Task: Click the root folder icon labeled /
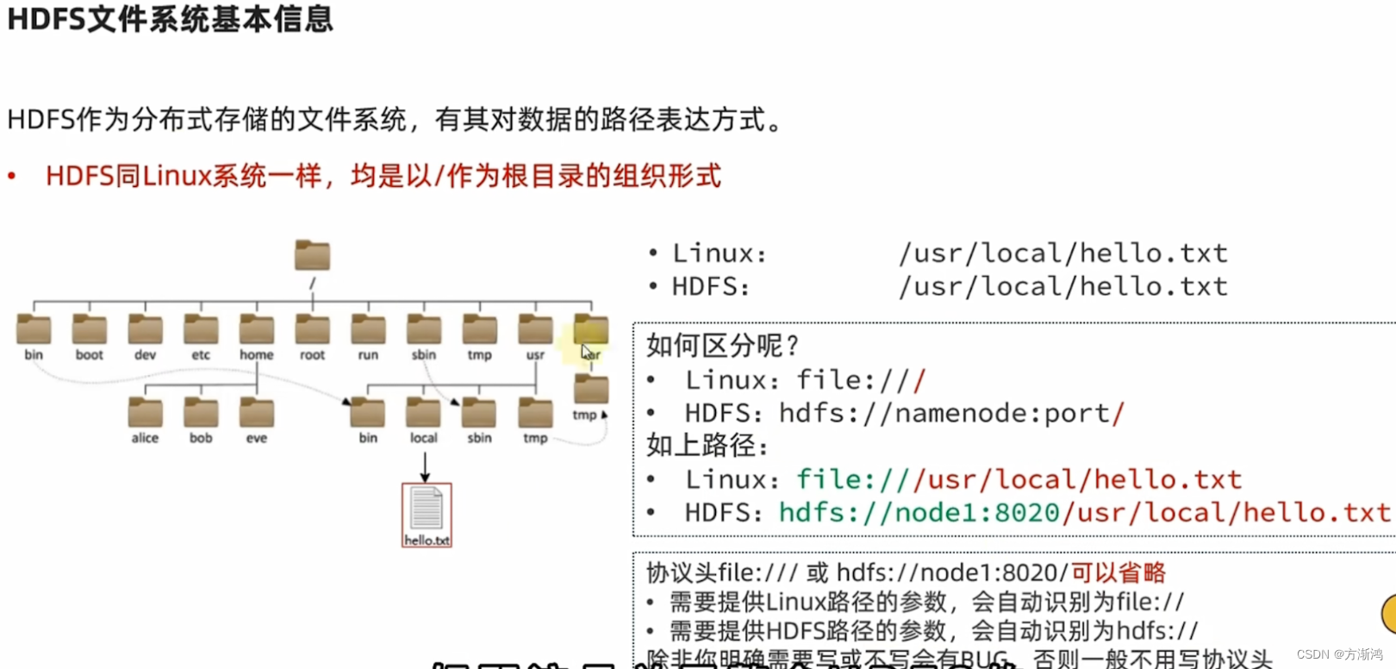tap(312, 255)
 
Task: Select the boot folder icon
tap(90, 330)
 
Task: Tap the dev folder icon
tap(145, 330)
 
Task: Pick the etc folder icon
tap(201, 330)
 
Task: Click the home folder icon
tap(257, 330)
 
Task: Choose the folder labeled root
tap(312, 330)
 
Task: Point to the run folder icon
tap(368, 330)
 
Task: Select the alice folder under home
tap(145, 413)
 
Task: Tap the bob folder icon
tap(201, 413)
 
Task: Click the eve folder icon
tap(257, 413)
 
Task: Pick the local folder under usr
tap(423, 413)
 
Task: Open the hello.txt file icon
tap(427, 514)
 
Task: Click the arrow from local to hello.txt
tap(425, 466)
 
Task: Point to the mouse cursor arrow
tap(586, 353)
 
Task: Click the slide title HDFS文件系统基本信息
tap(170, 19)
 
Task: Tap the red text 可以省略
tap(1118, 572)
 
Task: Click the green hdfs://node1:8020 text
tap(919, 513)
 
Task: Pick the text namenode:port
tap(1002, 414)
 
